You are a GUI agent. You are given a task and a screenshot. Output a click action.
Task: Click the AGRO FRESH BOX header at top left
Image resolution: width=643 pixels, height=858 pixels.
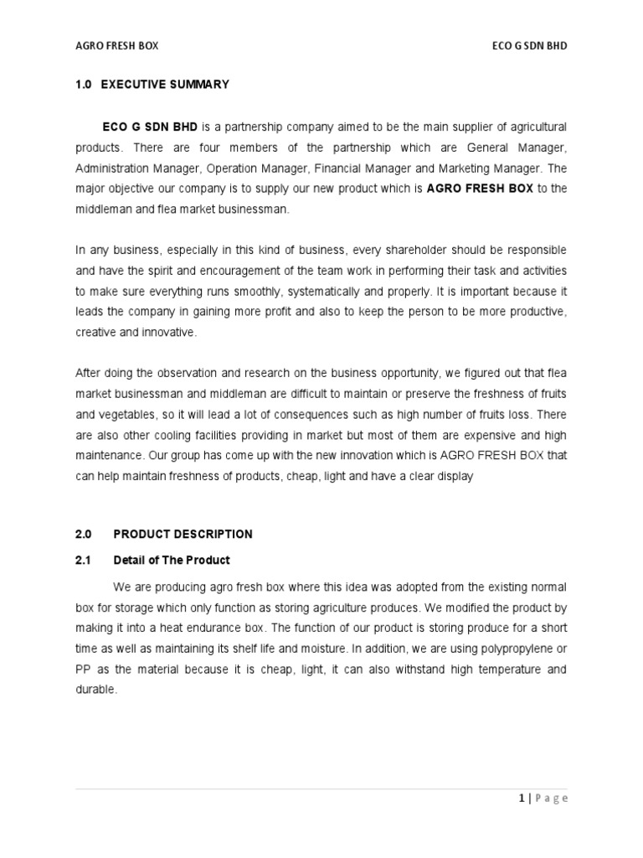point(116,46)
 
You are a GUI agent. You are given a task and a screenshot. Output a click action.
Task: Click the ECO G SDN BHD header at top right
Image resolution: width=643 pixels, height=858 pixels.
point(529,46)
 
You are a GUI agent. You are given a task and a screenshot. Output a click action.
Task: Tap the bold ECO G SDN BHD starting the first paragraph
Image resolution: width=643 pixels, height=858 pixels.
point(150,127)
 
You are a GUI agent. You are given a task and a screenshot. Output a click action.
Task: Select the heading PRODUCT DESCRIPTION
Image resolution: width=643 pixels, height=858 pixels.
point(183,534)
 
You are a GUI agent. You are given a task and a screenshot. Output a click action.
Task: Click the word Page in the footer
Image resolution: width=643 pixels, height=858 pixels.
point(552,799)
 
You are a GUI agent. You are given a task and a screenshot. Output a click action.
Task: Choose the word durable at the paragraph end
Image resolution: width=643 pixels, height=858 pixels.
point(95,690)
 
